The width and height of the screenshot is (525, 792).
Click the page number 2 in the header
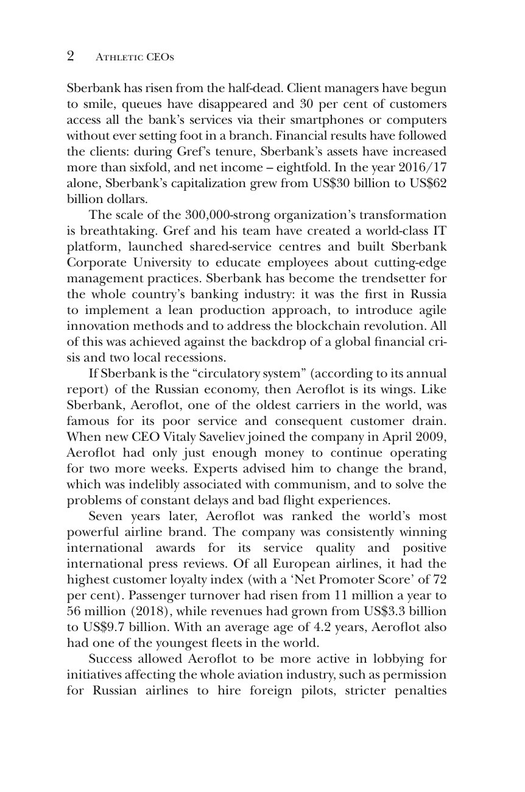(x=71, y=57)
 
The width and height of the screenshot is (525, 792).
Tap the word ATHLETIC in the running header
(x=118, y=57)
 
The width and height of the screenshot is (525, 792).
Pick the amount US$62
(x=427, y=183)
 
